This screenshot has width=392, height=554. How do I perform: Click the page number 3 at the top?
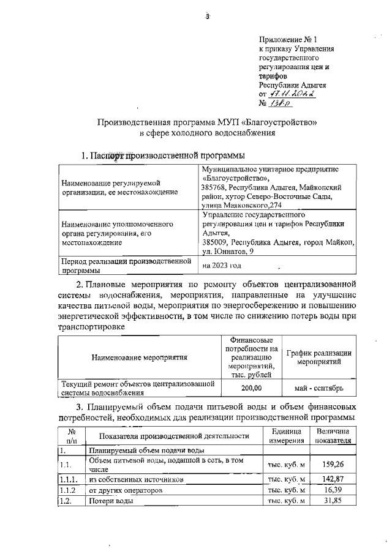point(208,17)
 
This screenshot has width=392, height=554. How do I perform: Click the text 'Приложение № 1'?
point(288,39)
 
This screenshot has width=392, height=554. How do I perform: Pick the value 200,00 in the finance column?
point(251,388)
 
